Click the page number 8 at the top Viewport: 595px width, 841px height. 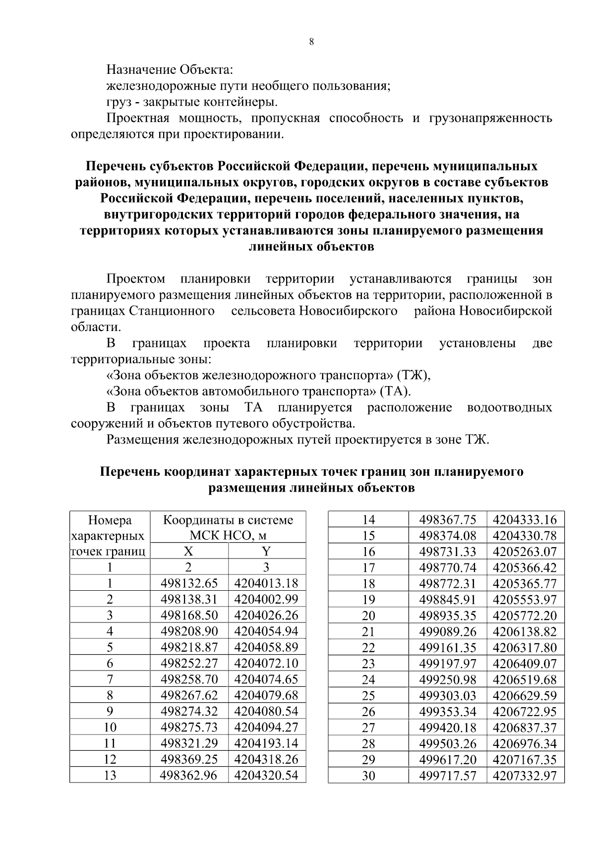click(311, 42)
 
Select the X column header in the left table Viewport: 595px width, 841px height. click(188, 551)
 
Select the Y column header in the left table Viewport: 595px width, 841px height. click(266, 551)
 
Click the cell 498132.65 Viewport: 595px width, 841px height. click(189, 583)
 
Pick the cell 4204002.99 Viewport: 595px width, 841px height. click(266, 599)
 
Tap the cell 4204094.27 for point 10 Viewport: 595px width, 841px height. click(266, 728)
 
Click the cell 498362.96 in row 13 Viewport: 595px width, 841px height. click(189, 776)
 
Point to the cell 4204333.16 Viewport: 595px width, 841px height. click(525, 520)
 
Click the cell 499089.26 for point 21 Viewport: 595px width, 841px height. click(447, 632)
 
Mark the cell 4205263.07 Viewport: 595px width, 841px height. click(525, 552)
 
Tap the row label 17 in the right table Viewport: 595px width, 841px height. click(368, 568)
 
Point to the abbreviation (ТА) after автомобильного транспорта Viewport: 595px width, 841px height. click(395, 392)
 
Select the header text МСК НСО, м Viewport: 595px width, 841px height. click(228, 536)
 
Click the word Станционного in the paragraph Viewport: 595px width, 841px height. click(172, 311)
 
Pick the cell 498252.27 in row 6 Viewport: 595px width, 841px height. click(189, 664)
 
